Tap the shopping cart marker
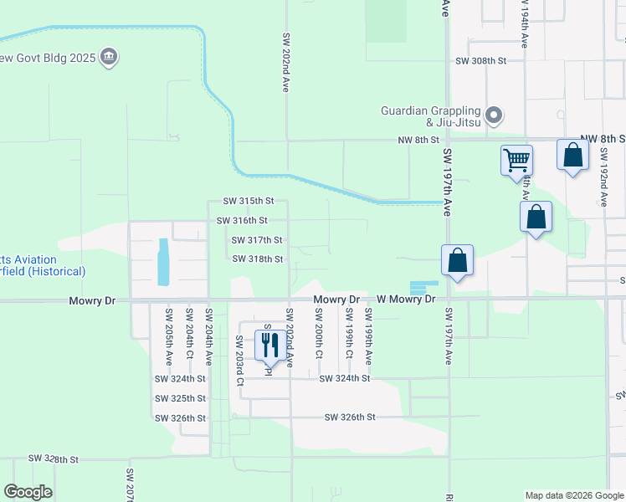[516, 159]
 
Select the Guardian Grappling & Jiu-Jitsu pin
[494, 115]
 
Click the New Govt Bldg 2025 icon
[108, 57]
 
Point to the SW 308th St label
[481, 61]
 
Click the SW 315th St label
[249, 201]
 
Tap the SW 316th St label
[242, 221]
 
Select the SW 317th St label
[257, 240]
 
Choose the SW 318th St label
[258, 259]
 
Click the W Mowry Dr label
[407, 299]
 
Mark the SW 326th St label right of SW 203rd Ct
[349, 417]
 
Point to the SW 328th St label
[53, 459]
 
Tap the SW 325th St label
[180, 398]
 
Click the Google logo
[28, 492]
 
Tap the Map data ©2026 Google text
[573, 495]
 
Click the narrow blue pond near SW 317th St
[162, 261]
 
